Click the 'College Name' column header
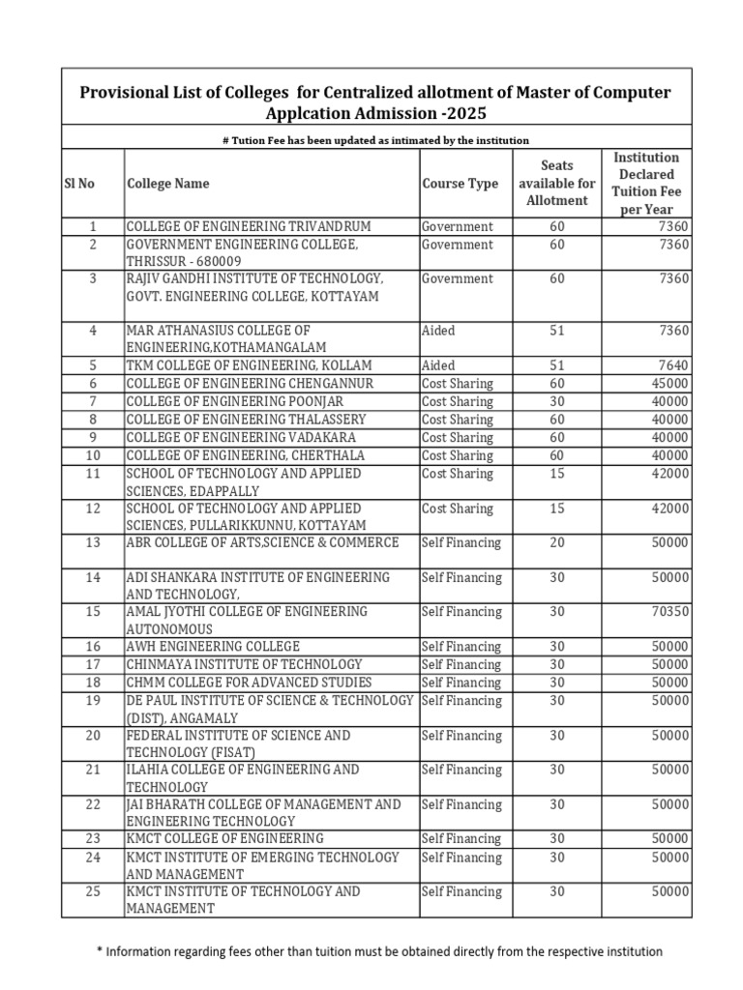(167, 184)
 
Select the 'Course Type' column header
(460, 184)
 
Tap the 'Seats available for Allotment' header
(556, 184)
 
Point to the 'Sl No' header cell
(79, 184)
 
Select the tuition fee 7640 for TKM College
(673, 366)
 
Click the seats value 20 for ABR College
(556, 543)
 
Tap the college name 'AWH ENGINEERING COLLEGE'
(213, 646)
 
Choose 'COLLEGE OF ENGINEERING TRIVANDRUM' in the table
(249, 226)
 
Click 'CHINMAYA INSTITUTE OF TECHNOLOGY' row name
(244, 664)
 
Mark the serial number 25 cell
(93, 892)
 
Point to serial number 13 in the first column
(93, 543)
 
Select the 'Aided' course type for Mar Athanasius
(438, 331)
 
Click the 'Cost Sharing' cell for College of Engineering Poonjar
(458, 401)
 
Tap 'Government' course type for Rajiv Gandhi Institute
(458, 279)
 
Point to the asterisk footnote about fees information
(379, 951)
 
